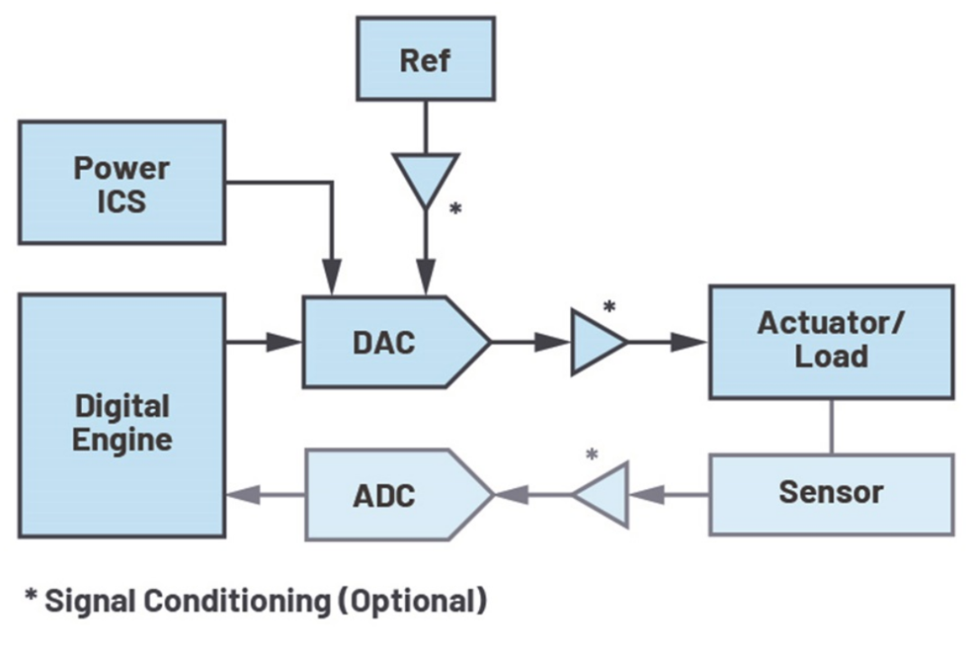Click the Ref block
point(425,60)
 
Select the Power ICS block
point(121,182)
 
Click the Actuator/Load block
point(830,341)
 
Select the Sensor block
point(830,494)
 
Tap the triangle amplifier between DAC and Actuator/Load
point(595,342)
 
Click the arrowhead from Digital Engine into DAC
point(286,342)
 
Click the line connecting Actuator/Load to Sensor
point(830,426)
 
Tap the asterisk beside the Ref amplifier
point(455,209)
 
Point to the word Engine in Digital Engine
point(122,440)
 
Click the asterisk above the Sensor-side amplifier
point(592,455)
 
